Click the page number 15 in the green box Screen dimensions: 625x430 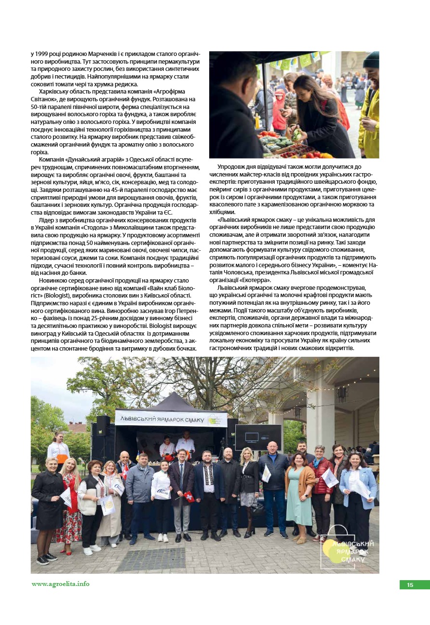pos(410,585)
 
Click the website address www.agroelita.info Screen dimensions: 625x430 pos(61,584)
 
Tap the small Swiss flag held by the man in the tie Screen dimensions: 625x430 pos(190,496)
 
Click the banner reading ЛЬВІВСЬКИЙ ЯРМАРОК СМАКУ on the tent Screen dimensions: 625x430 pos(171,419)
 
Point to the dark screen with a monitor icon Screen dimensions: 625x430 pos(258,437)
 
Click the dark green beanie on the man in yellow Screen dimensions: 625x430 pos(371,60)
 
